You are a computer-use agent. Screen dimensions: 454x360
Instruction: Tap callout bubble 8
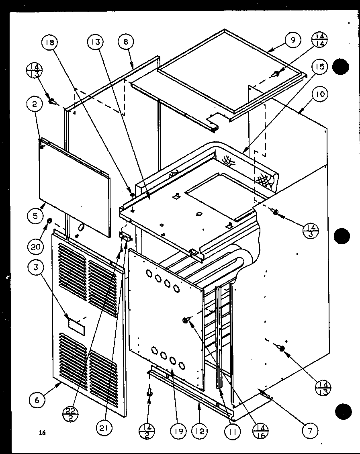[126, 42]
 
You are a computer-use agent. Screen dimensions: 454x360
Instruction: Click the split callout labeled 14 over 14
[320, 42]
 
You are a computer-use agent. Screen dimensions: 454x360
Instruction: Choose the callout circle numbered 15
[319, 66]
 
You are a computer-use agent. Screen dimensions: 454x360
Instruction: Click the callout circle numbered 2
[35, 104]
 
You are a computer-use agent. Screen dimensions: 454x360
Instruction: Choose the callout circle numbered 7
[310, 431]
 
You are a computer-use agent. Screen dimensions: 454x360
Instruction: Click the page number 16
[43, 433]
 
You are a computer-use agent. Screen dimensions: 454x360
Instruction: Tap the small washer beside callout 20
[50, 221]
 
